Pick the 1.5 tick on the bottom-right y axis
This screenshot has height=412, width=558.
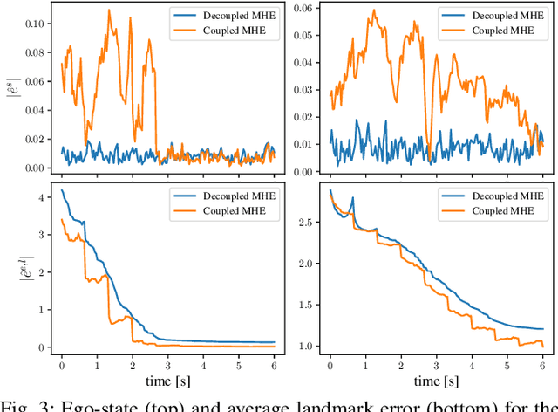310,305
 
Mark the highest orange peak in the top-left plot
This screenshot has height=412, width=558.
108,10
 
